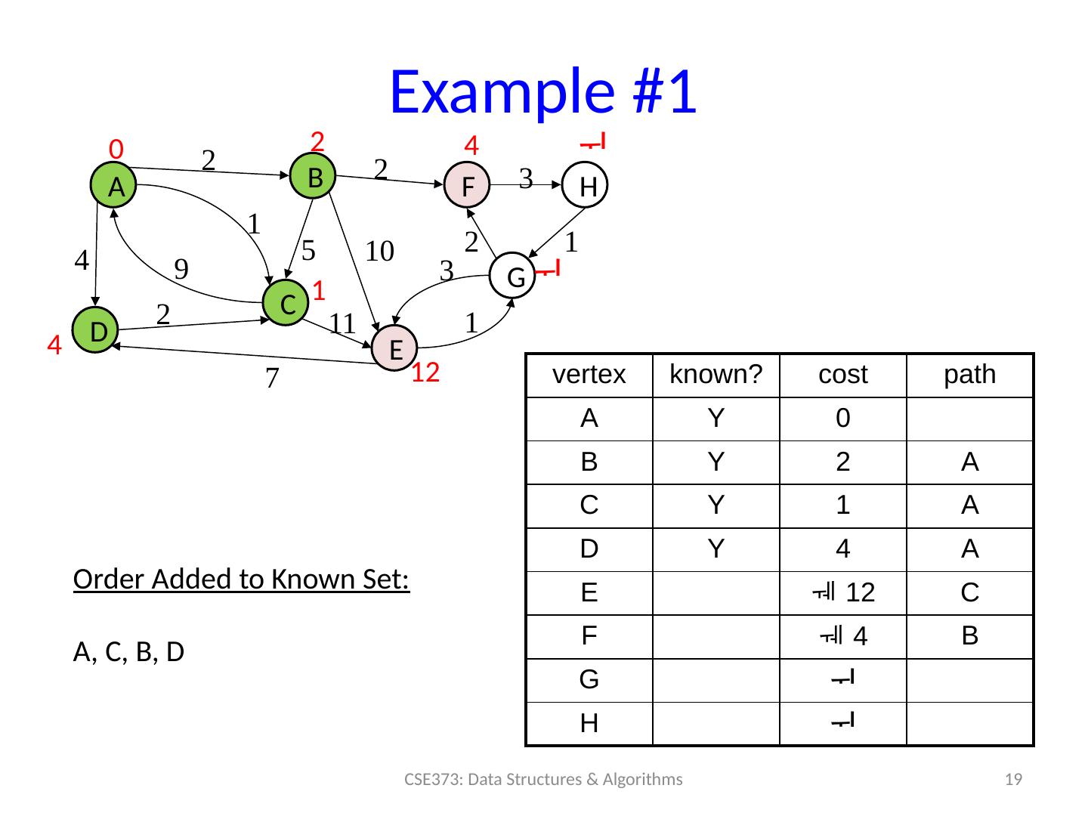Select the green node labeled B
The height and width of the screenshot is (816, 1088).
tap(314, 177)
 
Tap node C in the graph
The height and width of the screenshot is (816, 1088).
tap(286, 303)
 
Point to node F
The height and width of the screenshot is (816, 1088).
tap(467, 185)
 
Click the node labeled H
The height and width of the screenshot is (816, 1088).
tap(586, 185)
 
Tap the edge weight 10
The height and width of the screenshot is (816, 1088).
tap(380, 251)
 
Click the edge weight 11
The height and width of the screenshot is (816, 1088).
tap(342, 323)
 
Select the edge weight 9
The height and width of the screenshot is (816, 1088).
tap(181, 269)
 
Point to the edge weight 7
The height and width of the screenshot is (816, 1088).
tap(272, 378)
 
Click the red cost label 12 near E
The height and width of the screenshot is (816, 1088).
tap(425, 372)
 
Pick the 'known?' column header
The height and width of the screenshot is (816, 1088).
tap(716, 375)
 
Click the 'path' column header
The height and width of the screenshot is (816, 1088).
tap(970, 375)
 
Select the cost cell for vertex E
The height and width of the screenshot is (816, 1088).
tap(843, 593)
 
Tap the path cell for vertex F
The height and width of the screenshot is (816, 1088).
tap(970, 636)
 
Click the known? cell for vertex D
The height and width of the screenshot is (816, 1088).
tap(716, 549)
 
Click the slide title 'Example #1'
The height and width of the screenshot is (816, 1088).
tap(542, 92)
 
